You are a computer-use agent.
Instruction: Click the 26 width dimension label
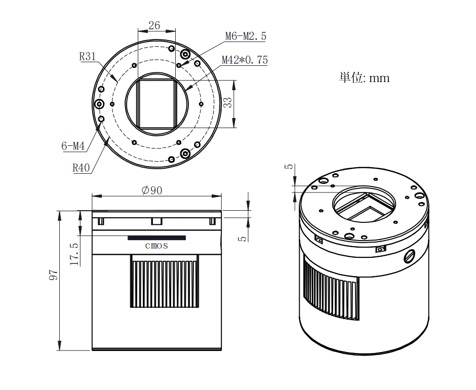click(x=154, y=25)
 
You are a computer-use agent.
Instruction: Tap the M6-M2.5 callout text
click(x=246, y=36)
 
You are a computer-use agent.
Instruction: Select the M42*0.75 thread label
click(x=245, y=60)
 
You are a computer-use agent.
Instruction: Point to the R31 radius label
click(x=88, y=57)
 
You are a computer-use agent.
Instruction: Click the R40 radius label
click(x=81, y=168)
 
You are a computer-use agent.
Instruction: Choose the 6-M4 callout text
click(x=73, y=146)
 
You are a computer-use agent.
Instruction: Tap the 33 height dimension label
click(x=228, y=102)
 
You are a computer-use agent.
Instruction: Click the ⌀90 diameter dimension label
click(x=152, y=190)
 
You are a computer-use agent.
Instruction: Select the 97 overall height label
click(x=54, y=275)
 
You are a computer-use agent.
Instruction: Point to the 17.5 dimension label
click(x=74, y=254)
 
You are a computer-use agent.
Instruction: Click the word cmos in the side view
click(x=156, y=246)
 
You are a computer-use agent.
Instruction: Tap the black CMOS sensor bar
click(x=156, y=238)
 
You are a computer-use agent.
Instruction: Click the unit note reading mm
click(x=379, y=79)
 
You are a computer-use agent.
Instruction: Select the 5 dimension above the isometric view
click(x=290, y=167)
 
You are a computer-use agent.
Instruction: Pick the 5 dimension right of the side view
click(x=242, y=239)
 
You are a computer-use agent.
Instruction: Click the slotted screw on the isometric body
click(x=410, y=256)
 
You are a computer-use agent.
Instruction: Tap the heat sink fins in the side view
click(x=165, y=281)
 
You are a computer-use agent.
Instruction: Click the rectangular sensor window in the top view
click(x=156, y=104)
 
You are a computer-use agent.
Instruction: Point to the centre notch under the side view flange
click(x=156, y=221)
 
